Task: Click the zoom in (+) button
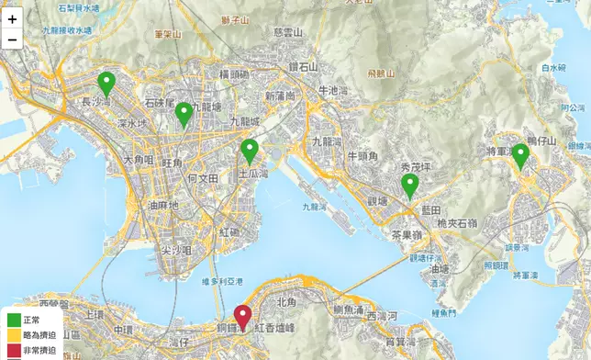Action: (13, 18)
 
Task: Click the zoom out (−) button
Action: (13, 39)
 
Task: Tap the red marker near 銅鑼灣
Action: (242, 318)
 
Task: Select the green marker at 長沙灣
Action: (107, 84)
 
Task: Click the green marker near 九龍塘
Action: (184, 114)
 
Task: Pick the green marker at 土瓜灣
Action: (250, 151)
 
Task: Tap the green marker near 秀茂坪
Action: (410, 186)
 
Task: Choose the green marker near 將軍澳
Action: (520, 156)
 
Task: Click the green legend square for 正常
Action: (13, 321)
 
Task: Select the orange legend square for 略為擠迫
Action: (13, 336)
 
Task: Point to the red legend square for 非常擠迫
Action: (13, 351)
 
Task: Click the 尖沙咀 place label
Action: (175, 250)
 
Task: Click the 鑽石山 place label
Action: (302, 66)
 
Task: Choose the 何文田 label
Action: (201, 177)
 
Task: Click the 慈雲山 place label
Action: (287, 31)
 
